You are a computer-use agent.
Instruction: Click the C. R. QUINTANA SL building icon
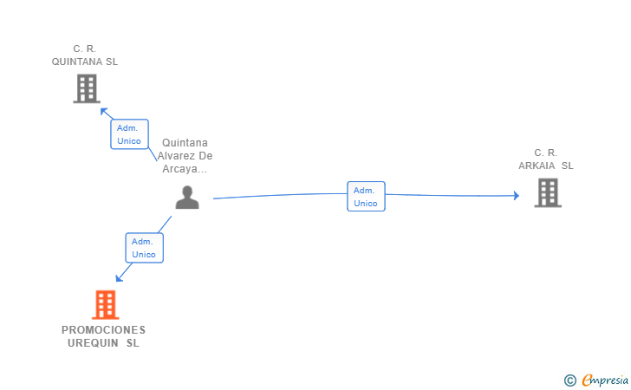pos(86,88)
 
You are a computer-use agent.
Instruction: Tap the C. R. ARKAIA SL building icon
pos(548,192)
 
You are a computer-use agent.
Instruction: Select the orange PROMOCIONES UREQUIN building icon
pos(105,304)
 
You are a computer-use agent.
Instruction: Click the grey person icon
pos(187,198)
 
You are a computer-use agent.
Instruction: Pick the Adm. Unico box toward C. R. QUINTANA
pos(129,134)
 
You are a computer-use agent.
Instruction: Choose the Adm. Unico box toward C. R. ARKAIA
pos(366,197)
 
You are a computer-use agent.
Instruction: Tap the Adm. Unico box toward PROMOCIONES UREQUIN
pos(144,248)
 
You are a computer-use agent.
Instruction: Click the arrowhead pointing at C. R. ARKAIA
pos(516,196)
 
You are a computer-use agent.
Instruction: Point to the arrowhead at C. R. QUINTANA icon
pos(104,111)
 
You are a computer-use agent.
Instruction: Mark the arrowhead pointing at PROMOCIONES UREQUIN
pos(120,277)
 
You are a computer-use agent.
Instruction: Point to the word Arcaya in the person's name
pos(182,169)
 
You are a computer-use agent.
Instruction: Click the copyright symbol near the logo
pos(570,380)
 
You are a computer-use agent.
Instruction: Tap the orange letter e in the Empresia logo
pos(587,380)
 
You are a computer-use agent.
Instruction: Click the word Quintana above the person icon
pos(185,143)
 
